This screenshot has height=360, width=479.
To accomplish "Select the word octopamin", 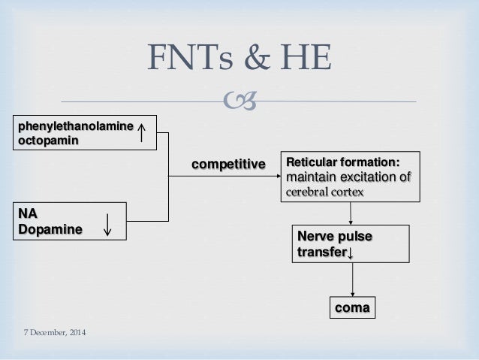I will point(47,141).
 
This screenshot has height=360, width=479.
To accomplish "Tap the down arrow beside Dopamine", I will point(108,224).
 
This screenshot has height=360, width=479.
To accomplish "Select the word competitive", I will point(230,163).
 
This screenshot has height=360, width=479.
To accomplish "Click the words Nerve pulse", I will point(335,237).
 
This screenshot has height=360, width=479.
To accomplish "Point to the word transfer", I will point(322,252).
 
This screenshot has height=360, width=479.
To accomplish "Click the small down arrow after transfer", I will point(351,253).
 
